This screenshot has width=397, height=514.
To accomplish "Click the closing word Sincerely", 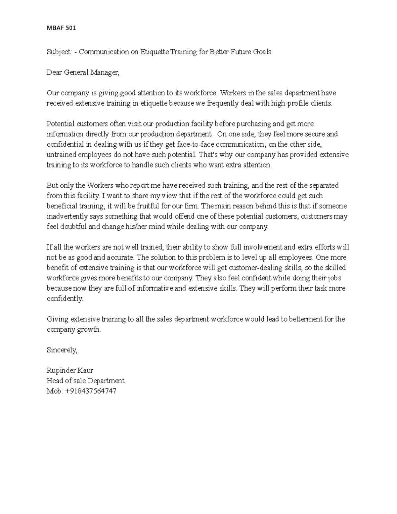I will coord(62,350).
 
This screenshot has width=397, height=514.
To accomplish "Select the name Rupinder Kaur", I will coord(70,370).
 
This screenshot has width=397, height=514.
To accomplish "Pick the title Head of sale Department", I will coord(86,381).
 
